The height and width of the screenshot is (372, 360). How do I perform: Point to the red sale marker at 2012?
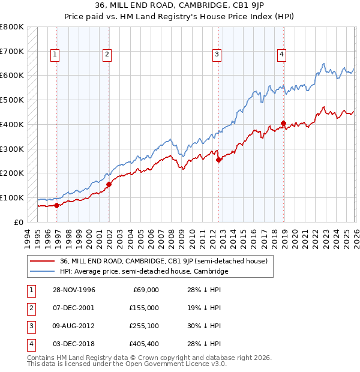point(218,160)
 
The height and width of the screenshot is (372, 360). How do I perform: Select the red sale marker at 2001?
point(109,184)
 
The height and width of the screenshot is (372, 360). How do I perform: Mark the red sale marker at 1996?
point(57,205)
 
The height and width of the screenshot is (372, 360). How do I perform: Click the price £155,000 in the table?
point(143,307)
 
